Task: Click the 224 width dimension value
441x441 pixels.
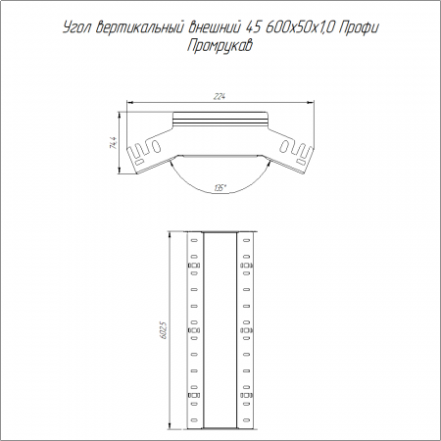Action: click(x=220, y=97)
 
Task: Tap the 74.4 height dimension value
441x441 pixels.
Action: click(x=114, y=143)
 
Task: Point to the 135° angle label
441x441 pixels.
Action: click(x=220, y=188)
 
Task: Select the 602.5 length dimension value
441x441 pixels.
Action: click(x=164, y=330)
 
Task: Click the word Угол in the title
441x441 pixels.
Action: click(x=76, y=28)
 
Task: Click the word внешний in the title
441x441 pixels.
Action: click(x=215, y=27)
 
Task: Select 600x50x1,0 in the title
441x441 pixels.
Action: click(x=299, y=28)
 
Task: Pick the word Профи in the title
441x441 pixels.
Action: click(x=359, y=28)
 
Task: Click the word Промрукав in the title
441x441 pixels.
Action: click(x=220, y=46)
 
